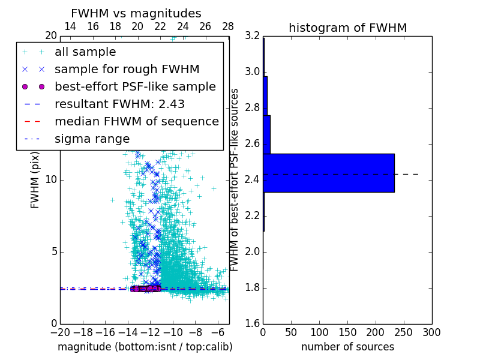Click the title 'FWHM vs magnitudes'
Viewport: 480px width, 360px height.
(x=136, y=13)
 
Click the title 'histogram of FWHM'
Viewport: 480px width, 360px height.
(x=347, y=28)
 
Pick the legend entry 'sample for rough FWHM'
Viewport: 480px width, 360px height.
(x=127, y=70)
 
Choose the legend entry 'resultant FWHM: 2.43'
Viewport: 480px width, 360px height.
(x=119, y=104)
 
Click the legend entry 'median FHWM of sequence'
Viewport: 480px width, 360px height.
(x=136, y=122)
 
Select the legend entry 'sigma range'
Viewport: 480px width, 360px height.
(x=92, y=139)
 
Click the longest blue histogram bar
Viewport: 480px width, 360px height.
(x=328, y=173)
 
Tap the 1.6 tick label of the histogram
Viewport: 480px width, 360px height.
(x=253, y=324)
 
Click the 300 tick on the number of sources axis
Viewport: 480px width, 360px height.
(x=431, y=332)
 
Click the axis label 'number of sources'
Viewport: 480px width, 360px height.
(x=347, y=347)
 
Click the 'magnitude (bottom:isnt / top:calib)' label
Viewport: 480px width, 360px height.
(x=145, y=347)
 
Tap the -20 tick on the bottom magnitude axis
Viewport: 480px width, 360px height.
(x=60, y=332)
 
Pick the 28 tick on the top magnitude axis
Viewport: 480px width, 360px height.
(x=228, y=27)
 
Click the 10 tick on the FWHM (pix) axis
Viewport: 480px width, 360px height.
(x=52, y=180)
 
